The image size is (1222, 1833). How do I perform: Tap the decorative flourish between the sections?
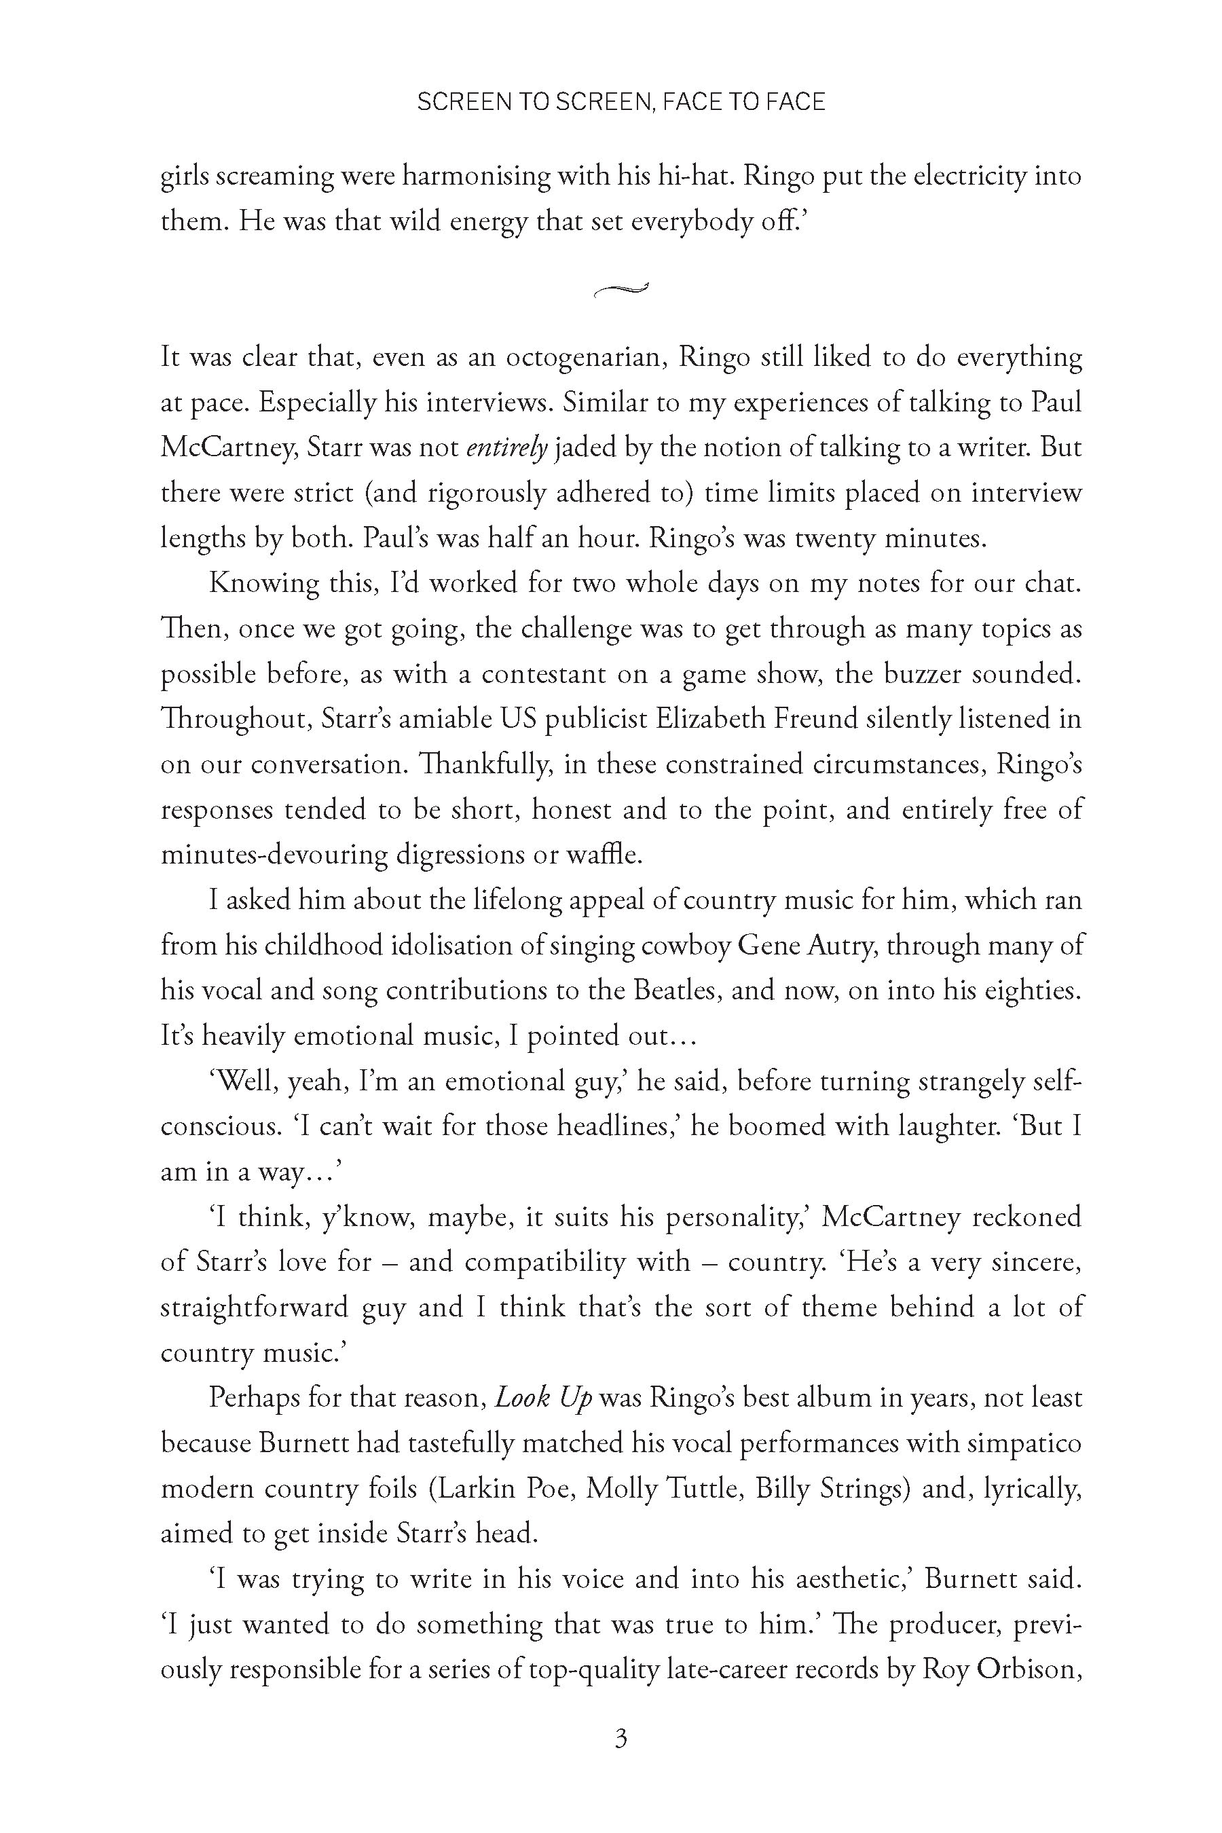pyautogui.click(x=621, y=290)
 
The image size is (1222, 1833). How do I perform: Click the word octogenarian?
pyautogui.click(x=585, y=357)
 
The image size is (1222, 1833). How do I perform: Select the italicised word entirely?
pyautogui.click(x=507, y=447)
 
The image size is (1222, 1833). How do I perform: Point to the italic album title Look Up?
pyautogui.click(x=544, y=1398)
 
